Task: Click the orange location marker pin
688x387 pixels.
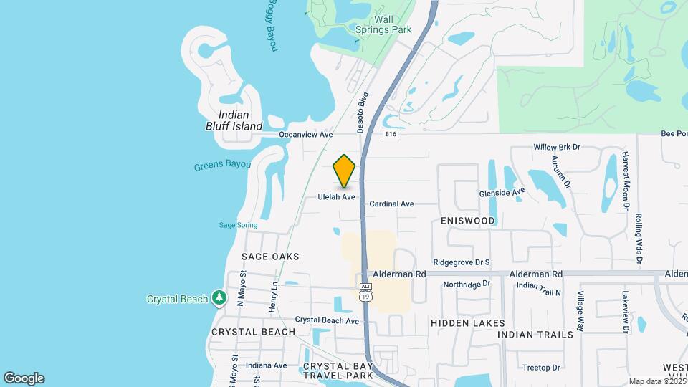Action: [x=345, y=171]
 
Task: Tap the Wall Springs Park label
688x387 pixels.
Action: [x=383, y=24]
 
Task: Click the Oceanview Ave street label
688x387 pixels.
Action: [x=306, y=134]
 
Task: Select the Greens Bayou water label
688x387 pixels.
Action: [x=222, y=166]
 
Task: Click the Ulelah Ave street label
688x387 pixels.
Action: [x=337, y=196]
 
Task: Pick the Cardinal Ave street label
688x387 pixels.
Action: [x=391, y=204]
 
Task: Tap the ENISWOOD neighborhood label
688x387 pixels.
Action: [x=468, y=221]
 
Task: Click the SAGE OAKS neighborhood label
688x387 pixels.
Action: [x=270, y=257]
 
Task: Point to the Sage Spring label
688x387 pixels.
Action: [x=238, y=225]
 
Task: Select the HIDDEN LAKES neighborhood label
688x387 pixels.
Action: [x=468, y=323]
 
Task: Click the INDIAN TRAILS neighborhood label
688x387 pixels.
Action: [x=535, y=335]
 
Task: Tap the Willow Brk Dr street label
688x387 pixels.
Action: [x=556, y=147]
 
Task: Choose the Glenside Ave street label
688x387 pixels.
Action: [x=502, y=192]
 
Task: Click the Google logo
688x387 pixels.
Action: [x=24, y=378]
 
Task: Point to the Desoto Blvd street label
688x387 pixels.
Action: [x=363, y=111]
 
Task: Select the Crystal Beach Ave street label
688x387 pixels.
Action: [x=327, y=320]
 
